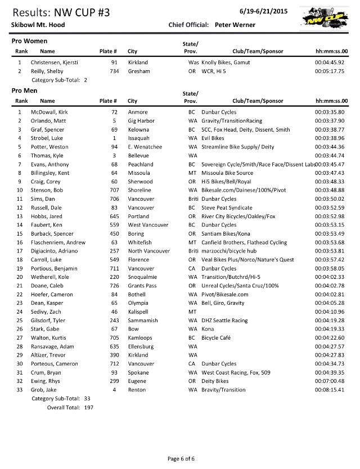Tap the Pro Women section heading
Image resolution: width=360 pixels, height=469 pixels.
click(x=29, y=42)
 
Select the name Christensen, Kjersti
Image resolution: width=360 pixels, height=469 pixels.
click(x=55, y=62)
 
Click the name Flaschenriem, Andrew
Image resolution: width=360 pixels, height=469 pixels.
click(x=58, y=242)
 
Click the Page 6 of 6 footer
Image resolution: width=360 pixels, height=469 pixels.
click(x=181, y=459)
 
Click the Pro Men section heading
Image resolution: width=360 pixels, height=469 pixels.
click(x=26, y=91)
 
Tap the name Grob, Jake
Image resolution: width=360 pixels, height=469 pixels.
click(x=44, y=390)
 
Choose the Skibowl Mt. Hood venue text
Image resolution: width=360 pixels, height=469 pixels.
click(x=38, y=25)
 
